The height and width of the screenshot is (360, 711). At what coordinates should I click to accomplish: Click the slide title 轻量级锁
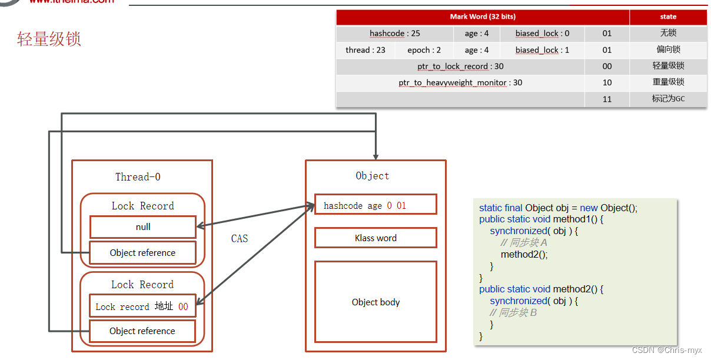[49, 39]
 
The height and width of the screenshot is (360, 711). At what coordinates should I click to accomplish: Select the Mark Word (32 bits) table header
[483, 17]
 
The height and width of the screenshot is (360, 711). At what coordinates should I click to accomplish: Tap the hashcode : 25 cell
[394, 34]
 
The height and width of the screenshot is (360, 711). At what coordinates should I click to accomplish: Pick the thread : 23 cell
[365, 50]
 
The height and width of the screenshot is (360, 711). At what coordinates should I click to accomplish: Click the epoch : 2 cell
[424, 50]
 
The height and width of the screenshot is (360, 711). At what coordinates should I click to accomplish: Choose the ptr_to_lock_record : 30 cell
[460, 66]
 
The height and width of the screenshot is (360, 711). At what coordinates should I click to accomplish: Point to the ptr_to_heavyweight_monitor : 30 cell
[460, 83]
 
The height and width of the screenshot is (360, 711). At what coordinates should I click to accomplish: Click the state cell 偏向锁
[668, 50]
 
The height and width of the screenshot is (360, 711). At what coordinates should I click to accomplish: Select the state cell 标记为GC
[668, 99]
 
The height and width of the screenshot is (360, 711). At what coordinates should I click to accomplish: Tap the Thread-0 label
[138, 177]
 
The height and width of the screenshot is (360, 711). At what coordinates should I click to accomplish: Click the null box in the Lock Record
[143, 227]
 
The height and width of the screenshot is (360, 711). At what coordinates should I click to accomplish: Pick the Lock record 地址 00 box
[142, 306]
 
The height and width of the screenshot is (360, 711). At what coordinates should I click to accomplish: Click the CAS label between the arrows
[240, 239]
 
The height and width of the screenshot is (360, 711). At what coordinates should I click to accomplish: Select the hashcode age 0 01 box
[376, 205]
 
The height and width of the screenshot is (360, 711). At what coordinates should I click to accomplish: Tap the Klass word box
[376, 238]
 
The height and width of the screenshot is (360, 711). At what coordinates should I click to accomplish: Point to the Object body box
[376, 302]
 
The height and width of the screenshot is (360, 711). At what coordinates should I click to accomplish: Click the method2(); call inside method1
[524, 255]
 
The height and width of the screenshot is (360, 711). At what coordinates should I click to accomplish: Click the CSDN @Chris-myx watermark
[667, 351]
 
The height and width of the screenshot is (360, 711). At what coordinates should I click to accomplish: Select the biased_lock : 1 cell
[542, 50]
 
